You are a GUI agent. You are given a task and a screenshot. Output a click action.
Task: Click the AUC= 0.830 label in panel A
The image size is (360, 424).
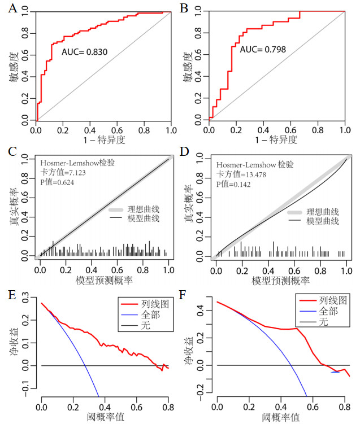(x=85, y=53)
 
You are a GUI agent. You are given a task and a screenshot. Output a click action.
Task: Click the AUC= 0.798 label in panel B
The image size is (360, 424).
(x=263, y=50)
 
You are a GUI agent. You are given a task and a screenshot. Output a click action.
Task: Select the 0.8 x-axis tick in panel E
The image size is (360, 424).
(x=168, y=406)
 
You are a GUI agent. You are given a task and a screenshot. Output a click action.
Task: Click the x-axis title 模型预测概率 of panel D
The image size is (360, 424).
(x=281, y=279)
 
